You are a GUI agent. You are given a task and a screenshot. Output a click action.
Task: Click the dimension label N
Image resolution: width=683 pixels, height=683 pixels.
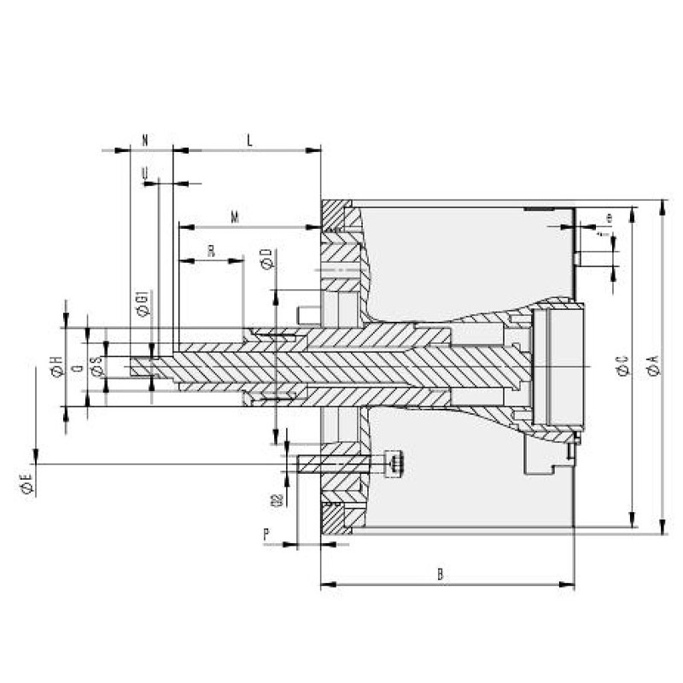[145, 138]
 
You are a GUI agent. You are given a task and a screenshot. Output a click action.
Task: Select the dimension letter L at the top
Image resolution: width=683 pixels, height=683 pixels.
[249, 138]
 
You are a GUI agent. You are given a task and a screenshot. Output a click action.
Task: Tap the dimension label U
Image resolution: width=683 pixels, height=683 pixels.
[145, 173]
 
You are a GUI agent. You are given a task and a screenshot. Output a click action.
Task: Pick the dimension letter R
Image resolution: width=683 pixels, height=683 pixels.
[211, 249]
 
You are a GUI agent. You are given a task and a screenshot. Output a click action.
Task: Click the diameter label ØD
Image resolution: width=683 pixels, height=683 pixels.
[266, 260]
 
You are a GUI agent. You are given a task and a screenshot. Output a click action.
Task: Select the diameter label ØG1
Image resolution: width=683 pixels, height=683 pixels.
[143, 304]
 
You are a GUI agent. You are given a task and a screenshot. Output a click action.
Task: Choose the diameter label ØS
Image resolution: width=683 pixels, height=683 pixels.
[96, 366]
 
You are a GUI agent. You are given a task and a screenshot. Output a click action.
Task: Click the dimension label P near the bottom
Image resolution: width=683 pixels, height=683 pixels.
[266, 534]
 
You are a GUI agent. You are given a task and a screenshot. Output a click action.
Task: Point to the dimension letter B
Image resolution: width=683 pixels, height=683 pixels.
[441, 575]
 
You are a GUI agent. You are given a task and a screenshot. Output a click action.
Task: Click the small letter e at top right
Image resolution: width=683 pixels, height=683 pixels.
[609, 218]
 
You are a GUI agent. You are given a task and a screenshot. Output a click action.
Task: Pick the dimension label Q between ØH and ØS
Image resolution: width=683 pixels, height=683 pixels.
[77, 367]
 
